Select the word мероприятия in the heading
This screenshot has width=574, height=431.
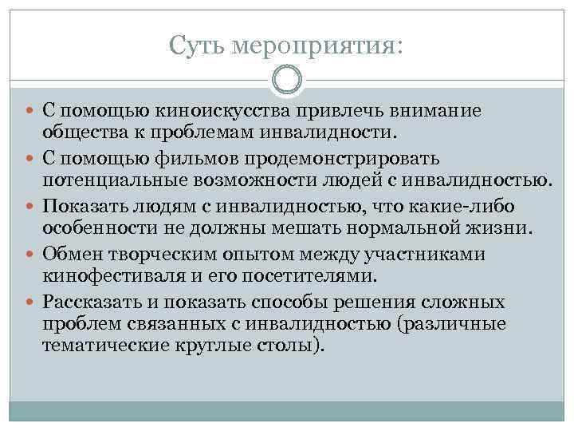[314, 46]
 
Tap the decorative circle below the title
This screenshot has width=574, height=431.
[287, 79]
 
